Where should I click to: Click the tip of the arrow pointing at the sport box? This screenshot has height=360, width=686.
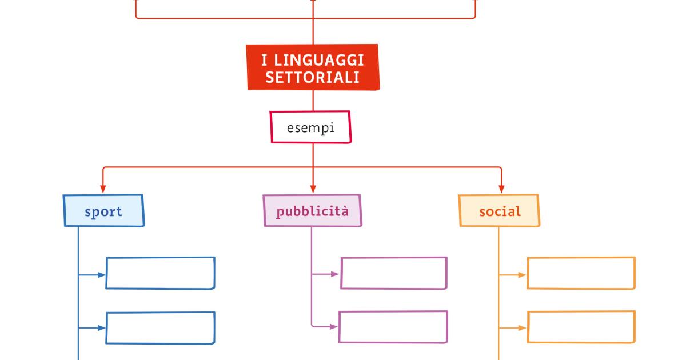(103, 193)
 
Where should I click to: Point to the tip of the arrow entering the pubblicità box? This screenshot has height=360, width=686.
(313, 193)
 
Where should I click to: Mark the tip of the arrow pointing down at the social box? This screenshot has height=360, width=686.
(501, 193)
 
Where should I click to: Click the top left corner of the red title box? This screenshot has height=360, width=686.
(246, 45)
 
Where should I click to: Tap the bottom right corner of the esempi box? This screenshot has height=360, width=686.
(351, 142)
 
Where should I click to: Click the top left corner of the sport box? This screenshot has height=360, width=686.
(63, 195)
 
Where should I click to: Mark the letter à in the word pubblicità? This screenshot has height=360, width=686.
(345, 211)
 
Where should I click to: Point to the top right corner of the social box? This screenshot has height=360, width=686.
(538, 195)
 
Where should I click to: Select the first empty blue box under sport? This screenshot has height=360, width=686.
(161, 273)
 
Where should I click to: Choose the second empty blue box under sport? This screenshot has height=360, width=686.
(161, 328)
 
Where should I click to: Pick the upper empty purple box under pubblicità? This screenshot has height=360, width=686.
(394, 273)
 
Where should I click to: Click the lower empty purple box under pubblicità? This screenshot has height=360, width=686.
(393, 327)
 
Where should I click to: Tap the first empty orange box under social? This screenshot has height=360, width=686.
(581, 273)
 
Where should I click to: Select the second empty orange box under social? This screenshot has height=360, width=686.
(581, 327)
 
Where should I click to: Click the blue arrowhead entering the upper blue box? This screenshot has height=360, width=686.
(102, 275)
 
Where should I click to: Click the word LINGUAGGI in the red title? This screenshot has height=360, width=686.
(319, 61)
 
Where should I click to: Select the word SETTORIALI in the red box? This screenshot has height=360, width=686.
(312, 78)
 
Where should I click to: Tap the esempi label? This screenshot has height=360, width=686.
(310, 128)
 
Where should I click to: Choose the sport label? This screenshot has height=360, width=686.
(103, 212)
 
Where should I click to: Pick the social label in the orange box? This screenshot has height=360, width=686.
(500, 211)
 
